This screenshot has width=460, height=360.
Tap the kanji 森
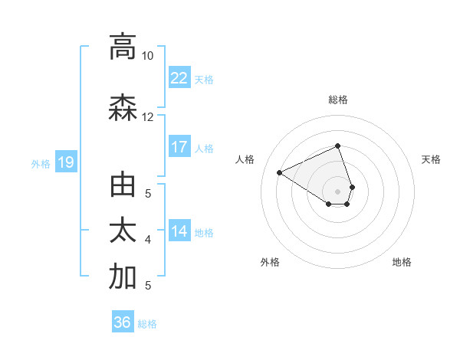coord(123,108)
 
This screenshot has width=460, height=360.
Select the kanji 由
coord(123,186)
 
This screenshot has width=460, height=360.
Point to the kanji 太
coord(123,231)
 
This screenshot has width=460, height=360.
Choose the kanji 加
coord(123,277)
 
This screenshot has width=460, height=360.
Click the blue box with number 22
coord(179,78)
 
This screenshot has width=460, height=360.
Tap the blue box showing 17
coord(179,147)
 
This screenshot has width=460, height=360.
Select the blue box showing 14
coord(179,232)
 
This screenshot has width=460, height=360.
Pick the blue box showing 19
coord(65,162)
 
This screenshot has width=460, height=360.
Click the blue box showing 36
coord(123,322)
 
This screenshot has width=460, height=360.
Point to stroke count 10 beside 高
coord(148,56)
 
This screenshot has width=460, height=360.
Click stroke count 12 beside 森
coord(148,117)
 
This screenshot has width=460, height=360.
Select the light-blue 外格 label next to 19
coord(40,163)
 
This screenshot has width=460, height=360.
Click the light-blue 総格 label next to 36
coord(147,323)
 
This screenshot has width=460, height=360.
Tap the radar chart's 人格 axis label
coord(245,159)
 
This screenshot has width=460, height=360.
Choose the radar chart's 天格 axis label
coord(431,159)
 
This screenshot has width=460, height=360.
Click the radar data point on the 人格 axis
coord(280,173)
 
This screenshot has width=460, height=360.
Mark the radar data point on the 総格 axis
coord(337,146)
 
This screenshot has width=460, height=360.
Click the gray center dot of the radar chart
coord(337,190)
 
